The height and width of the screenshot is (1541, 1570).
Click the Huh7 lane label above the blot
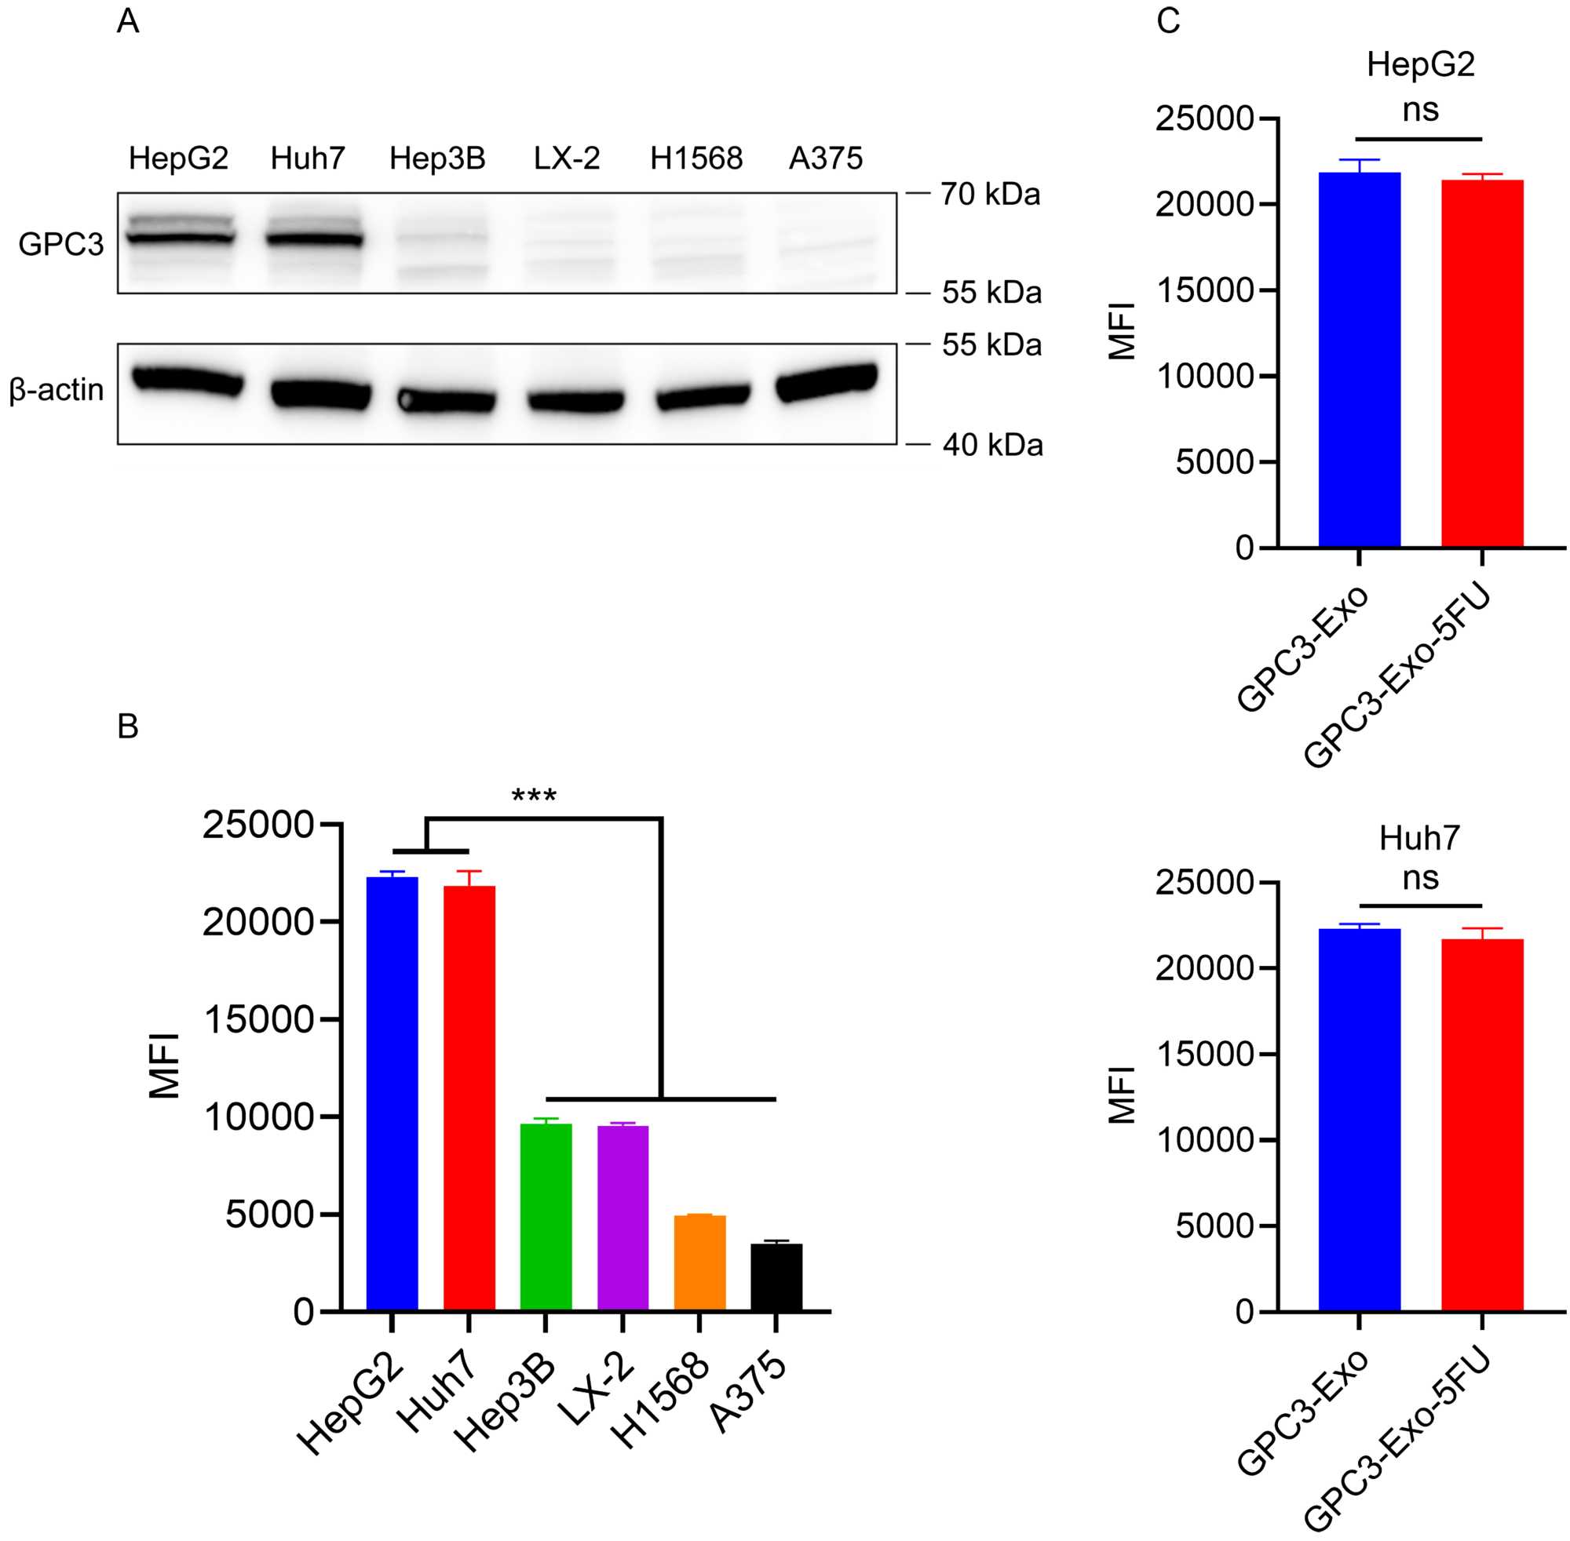(x=308, y=158)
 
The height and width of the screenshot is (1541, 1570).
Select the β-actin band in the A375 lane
(x=826, y=382)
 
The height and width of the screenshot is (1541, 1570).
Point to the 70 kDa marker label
(x=989, y=195)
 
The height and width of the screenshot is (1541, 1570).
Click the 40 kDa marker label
(x=992, y=445)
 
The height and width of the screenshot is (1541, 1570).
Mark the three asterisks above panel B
(x=535, y=796)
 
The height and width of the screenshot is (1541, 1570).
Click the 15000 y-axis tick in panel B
(x=258, y=1019)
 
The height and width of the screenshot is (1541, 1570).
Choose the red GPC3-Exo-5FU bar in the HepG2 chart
(x=1482, y=364)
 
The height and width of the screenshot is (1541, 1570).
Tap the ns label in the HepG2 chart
(x=1420, y=109)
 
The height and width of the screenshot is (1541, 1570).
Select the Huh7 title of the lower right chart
(x=1419, y=838)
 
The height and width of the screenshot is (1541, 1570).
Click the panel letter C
(x=1168, y=21)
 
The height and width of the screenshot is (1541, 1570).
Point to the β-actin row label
(x=57, y=390)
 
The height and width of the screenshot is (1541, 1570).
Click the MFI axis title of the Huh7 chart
(x=1123, y=1095)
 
